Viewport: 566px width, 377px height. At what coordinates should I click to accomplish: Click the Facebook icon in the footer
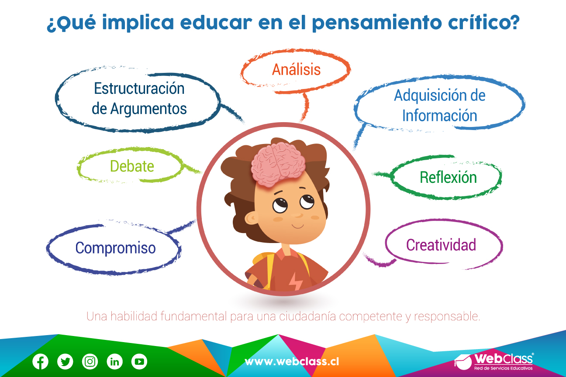point(41,362)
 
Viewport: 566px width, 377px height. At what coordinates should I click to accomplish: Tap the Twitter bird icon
point(65,362)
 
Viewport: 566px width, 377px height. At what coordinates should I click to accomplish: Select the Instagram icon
point(90,362)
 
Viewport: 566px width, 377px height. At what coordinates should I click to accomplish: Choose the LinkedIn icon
point(115,362)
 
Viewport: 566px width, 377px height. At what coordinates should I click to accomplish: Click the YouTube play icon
point(139,362)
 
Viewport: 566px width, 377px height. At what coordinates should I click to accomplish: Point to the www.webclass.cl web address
point(292,362)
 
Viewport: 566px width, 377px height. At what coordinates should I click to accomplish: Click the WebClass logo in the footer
point(494,362)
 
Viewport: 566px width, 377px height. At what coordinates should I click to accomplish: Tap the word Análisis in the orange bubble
point(296,69)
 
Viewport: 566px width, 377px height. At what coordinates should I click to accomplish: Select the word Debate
point(132,166)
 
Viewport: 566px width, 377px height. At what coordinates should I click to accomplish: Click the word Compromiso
point(115,248)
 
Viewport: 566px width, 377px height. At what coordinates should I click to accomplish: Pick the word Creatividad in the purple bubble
point(441,245)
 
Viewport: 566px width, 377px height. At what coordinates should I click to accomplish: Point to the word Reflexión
point(448,177)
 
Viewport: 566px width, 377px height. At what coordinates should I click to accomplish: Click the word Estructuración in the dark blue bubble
point(139,89)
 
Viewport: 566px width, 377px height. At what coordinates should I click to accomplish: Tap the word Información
point(440,115)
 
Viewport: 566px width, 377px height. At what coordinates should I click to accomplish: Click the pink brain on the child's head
point(278,164)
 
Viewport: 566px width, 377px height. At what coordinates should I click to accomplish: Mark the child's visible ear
point(252,218)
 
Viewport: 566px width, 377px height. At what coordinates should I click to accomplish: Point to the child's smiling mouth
point(298,226)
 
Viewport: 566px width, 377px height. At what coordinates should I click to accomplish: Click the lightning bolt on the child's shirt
point(295,281)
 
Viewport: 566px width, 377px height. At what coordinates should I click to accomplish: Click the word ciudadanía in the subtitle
point(307,316)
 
